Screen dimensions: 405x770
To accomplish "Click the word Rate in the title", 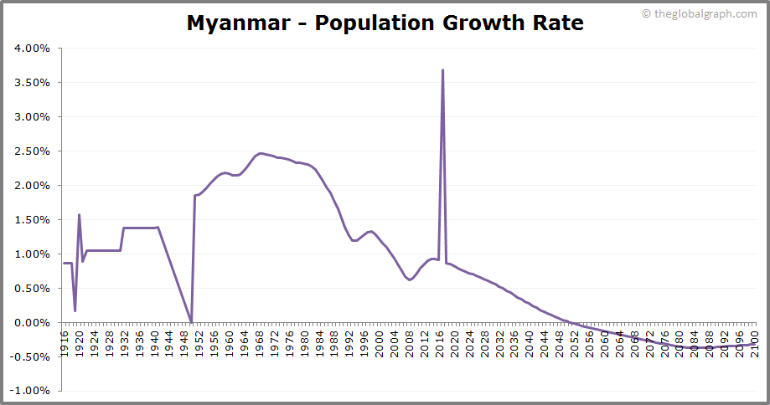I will coord(556,23).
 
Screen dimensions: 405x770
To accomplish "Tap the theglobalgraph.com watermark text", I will coord(705,13).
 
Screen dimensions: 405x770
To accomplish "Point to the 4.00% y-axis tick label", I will coord(33,49).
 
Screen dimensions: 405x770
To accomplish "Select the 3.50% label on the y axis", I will coord(33,83).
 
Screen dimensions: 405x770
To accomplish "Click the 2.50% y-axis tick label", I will coord(33,151).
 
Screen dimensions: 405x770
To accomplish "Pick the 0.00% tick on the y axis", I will coord(33,322).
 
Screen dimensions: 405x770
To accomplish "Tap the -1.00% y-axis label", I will coord(31,391).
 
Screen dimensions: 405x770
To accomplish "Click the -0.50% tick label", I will coord(31,356).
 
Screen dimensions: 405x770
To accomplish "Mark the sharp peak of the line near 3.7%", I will coord(442,70).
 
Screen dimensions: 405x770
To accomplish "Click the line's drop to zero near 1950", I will coord(191,321).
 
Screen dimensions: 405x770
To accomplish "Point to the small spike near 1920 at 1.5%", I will coord(79,215).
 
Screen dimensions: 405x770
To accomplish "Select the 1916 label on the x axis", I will coord(65,343).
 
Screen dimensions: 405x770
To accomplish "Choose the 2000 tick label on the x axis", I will coord(379,343).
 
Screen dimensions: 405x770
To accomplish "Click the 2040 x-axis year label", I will coord(529,343).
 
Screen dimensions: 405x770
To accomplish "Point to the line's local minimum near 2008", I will coord(409,279).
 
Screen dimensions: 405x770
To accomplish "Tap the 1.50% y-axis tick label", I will coord(33,220).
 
